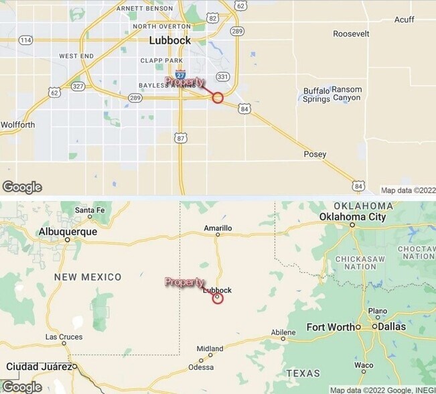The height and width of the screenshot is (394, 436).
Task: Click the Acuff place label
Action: (x=404, y=20)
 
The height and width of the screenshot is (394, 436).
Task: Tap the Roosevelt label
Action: (x=351, y=34)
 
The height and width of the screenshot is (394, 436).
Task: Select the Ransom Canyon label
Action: (x=346, y=94)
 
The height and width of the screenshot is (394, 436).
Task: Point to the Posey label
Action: (x=315, y=154)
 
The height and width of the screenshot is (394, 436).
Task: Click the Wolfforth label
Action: (x=17, y=125)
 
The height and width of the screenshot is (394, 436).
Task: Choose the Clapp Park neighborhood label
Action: (x=161, y=61)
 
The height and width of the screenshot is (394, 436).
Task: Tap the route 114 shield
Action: (x=25, y=40)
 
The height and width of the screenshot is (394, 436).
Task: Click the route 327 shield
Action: (x=78, y=86)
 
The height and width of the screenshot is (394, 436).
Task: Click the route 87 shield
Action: (x=181, y=138)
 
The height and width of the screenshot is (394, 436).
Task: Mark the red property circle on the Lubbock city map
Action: (x=217, y=98)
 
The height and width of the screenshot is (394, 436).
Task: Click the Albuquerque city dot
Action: (x=67, y=239)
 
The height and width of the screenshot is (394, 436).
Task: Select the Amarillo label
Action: (x=218, y=228)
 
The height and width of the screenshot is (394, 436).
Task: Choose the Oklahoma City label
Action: (x=352, y=216)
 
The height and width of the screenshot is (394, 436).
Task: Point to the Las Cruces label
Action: (x=64, y=337)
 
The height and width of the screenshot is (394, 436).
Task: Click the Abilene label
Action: (x=283, y=332)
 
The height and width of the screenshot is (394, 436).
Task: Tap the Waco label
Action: (x=364, y=366)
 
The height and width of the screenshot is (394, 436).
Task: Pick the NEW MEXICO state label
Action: (x=88, y=277)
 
